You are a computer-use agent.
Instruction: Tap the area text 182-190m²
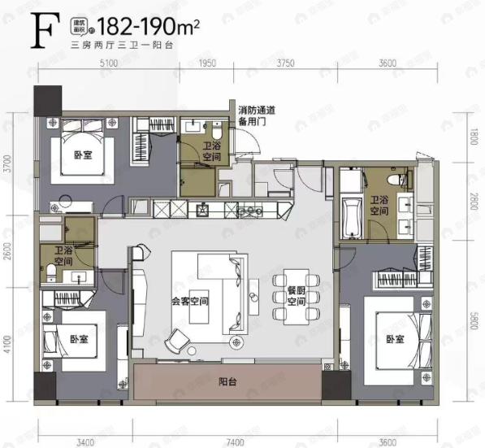[155, 25]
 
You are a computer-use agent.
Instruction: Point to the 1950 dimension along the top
[207, 63]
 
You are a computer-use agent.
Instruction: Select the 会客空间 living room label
[188, 299]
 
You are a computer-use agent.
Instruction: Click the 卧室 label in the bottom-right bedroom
[395, 338]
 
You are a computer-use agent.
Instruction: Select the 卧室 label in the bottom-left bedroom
[77, 338]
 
